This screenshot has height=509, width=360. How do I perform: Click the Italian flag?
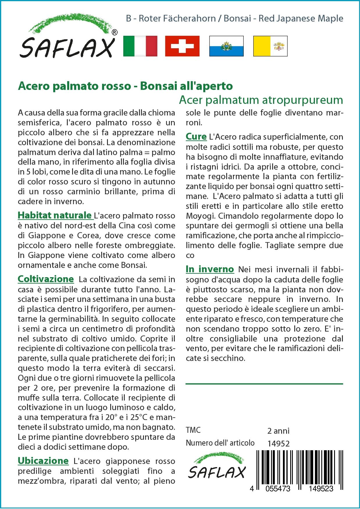click(140, 46)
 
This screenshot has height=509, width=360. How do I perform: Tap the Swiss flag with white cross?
click(182, 46)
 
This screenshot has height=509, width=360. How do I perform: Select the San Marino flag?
click(226, 46)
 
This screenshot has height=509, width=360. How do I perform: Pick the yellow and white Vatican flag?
click(270, 46)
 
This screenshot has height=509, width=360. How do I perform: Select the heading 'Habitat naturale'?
click(55, 215)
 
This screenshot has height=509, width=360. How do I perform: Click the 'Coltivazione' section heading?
click(46, 279)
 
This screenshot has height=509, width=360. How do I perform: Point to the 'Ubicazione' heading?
click(43, 461)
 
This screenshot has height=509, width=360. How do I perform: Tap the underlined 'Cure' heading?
click(196, 136)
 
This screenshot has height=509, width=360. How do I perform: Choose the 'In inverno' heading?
click(210, 269)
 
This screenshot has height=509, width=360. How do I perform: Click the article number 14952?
click(278, 444)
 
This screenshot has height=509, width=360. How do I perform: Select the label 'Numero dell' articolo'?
click(220, 443)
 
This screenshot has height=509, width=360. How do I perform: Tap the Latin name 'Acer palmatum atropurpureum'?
click(261, 100)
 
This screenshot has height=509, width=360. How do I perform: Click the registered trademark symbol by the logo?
click(115, 33)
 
